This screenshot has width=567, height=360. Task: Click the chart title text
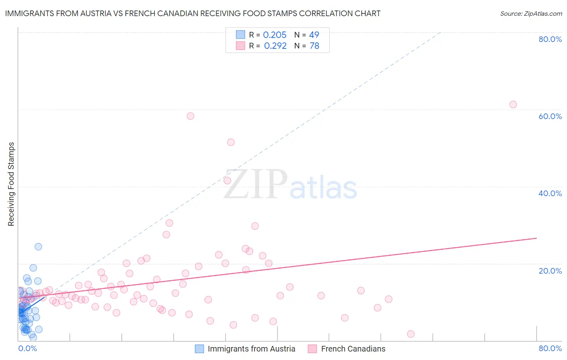193,13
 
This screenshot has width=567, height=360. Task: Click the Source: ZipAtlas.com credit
531,13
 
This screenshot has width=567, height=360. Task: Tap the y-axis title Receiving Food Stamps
11,184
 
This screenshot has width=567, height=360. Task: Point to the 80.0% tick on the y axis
550,39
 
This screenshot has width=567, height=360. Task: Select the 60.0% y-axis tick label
550,116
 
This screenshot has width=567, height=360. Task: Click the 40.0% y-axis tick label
550,193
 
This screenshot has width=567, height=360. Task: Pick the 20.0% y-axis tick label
550,270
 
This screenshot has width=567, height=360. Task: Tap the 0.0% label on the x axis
27,348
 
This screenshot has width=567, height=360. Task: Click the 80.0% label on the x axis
550,348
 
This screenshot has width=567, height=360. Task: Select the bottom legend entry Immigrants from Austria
251,349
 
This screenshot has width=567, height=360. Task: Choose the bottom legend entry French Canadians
353,349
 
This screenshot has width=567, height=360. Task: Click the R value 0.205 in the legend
275,35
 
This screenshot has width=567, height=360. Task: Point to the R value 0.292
275,46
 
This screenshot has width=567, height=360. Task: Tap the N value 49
314,35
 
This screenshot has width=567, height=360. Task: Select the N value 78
314,46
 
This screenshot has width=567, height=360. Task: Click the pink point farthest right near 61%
513,105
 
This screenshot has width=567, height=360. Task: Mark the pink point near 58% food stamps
190,116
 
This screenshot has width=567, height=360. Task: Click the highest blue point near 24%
38,247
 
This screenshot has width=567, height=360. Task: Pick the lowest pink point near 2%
411,334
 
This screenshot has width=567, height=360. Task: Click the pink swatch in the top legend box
240,46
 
